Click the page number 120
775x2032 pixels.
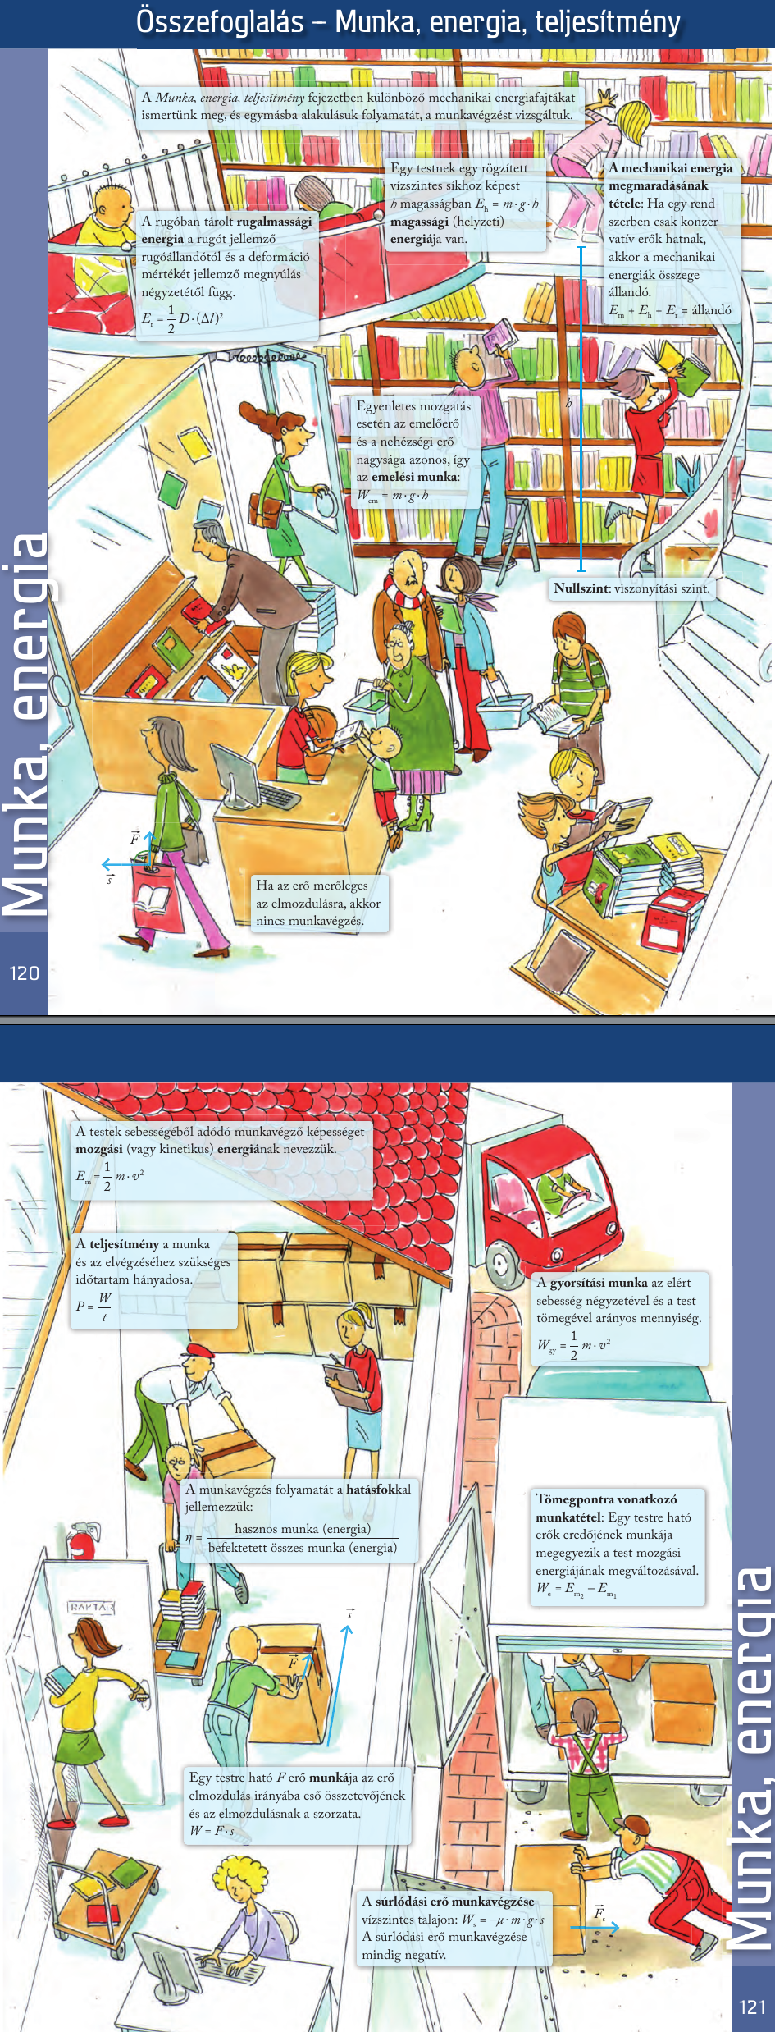[x=24, y=973]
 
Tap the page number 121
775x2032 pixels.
[x=752, y=2007]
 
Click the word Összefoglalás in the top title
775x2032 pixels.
[x=220, y=21]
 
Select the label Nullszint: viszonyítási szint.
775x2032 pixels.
[x=631, y=588]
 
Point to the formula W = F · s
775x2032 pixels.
[x=212, y=1831]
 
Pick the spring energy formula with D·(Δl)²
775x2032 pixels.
[x=182, y=318]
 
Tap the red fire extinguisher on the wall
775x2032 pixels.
[x=81, y=1541]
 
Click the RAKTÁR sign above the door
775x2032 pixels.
[x=91, y=1607]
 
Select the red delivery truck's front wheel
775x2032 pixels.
[x=501, y=1261]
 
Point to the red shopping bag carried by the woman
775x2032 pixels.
[x=158, y=896]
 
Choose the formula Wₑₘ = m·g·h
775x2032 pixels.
[x=393, y=495]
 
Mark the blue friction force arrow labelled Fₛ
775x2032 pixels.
[x=595, y=1927]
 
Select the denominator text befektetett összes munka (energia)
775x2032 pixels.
[x=303, y=1547]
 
